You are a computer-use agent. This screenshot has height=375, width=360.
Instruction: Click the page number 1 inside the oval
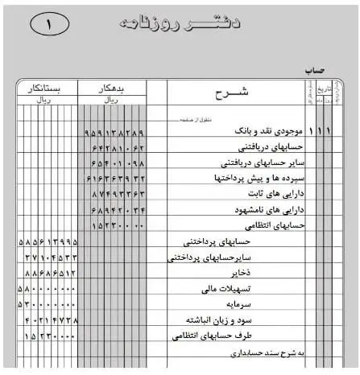pyautogui.click(x=49, y=24)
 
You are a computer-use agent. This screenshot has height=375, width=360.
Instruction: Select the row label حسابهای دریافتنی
pyautogui.click(x=271, y=148)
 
